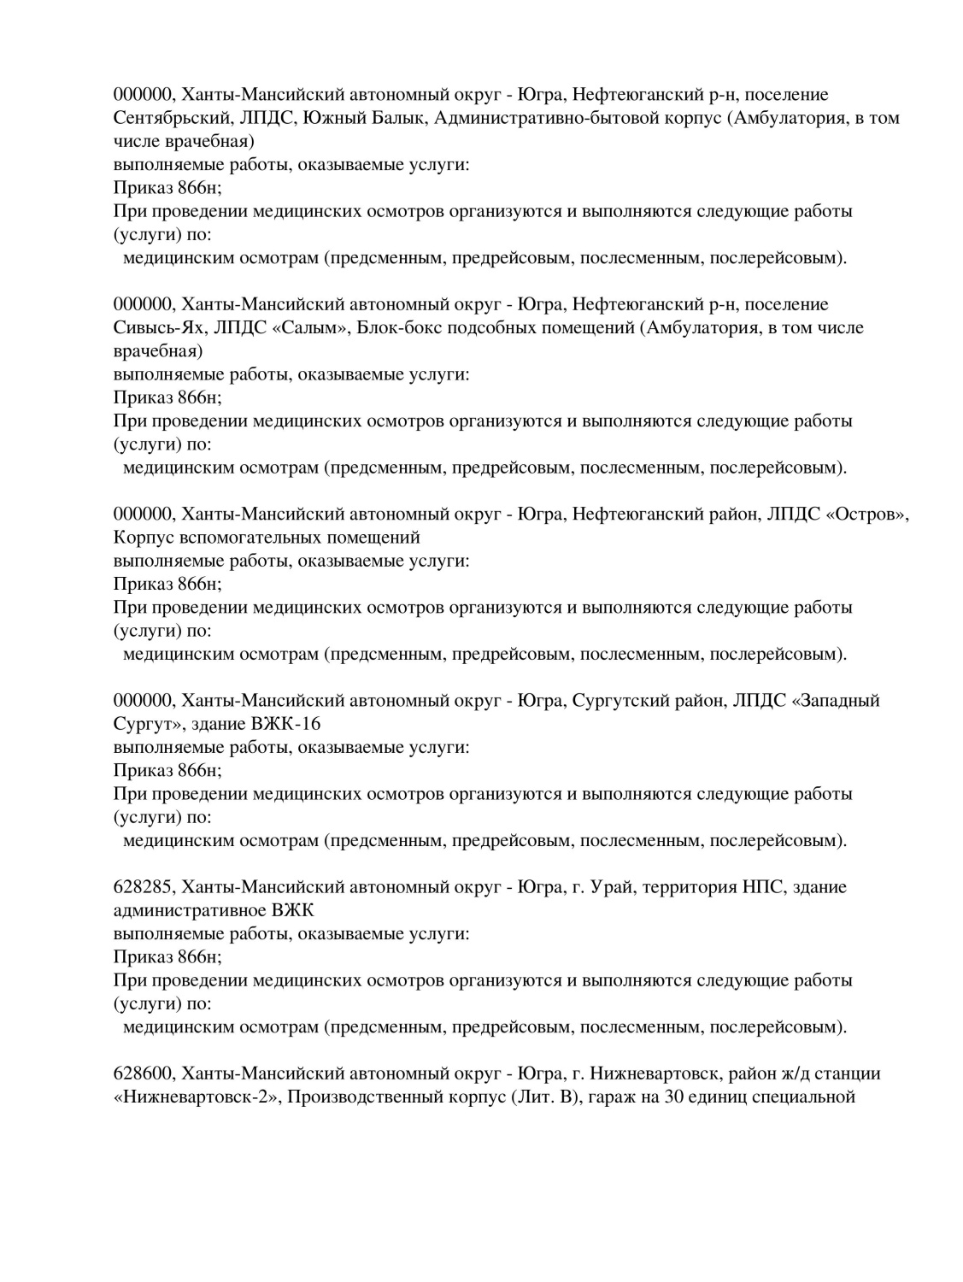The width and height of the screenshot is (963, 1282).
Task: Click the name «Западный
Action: point(836,700)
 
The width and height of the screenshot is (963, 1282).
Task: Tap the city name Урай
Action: point(610,886)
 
